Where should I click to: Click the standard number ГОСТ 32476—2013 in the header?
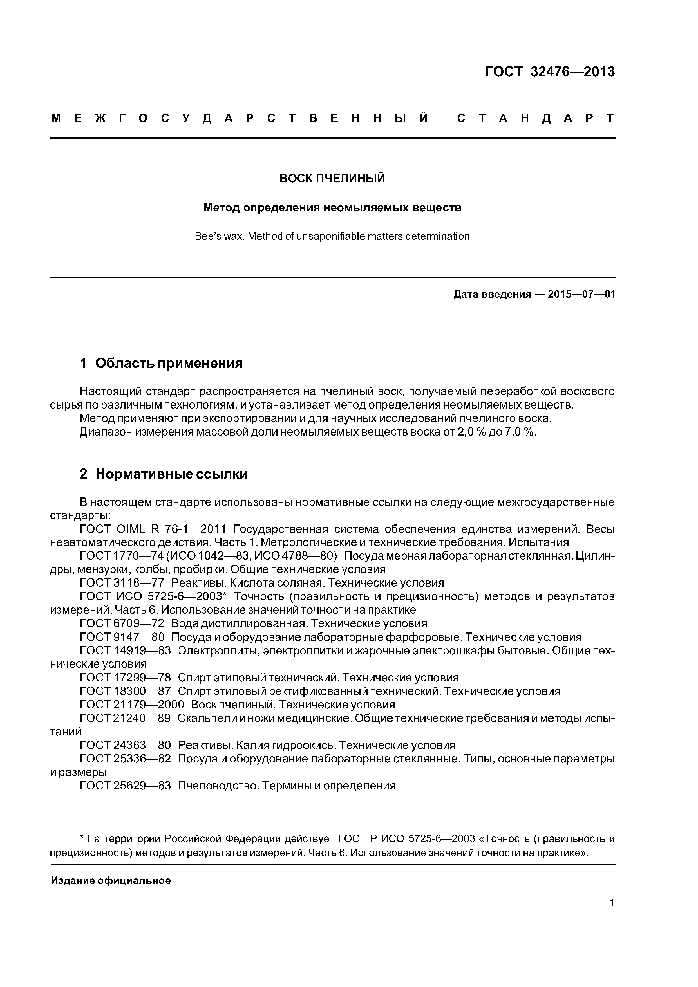550,72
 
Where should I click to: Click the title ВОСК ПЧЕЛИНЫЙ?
332,178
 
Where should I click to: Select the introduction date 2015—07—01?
581,295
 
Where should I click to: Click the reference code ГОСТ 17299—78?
125,678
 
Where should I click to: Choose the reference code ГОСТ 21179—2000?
132,705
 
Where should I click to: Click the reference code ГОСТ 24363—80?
125,745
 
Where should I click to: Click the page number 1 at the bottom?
612,903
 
